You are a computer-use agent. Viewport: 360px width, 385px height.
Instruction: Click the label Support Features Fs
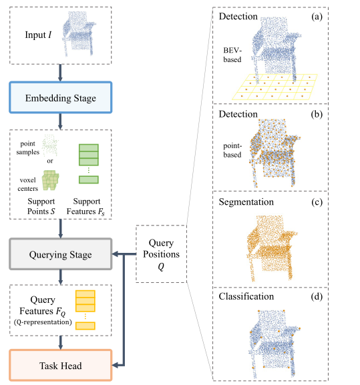click(89, 206)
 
